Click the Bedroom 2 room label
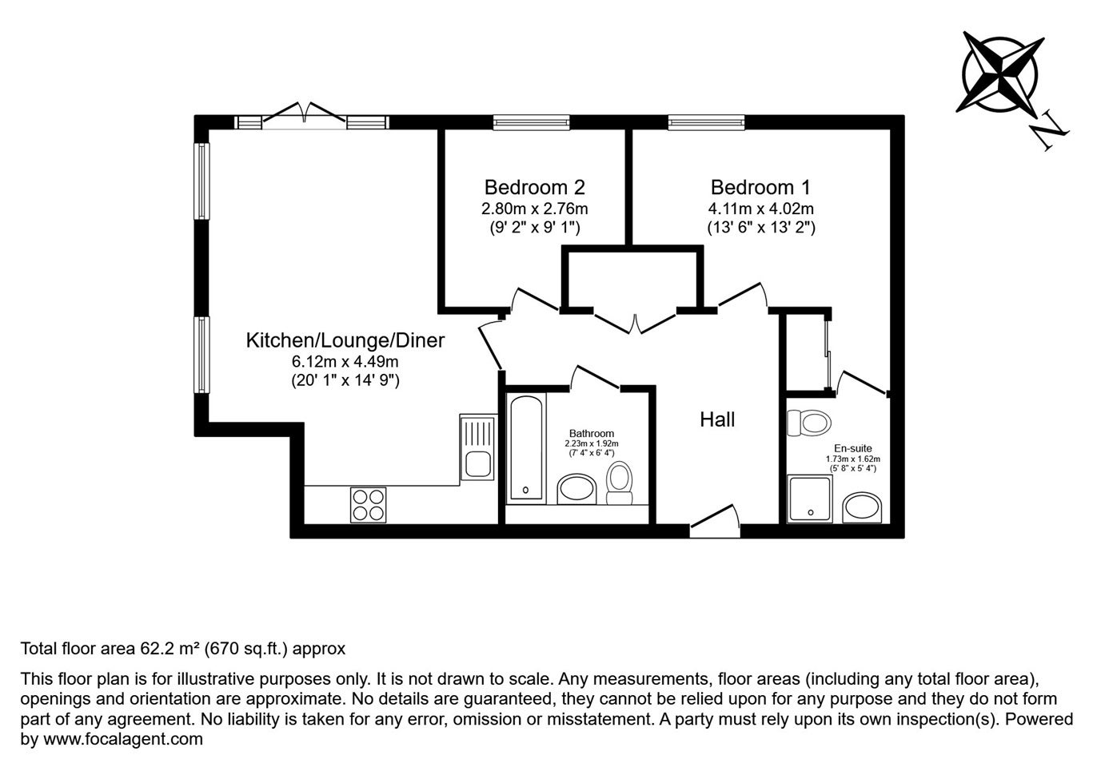[x=534, y=188]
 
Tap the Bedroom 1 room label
[x=760, y=188]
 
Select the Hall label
[x=717, y=420]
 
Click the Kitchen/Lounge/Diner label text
[x=345, y=340]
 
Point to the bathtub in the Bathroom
[x=526, y=448]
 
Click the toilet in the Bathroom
[x=620, y=483]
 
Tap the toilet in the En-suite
[x=808, y=423]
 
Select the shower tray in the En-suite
[x=810, y=499]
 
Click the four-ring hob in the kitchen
[x=369, y=505]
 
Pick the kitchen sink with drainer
[x=478, y=447]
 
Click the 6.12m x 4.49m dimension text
[x=345, y=362]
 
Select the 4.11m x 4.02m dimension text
[x=760, y=209]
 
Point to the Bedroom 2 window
[x=532, y=122]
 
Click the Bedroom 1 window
[x=706, y=122]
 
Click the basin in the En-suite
[x=862, y=508]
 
